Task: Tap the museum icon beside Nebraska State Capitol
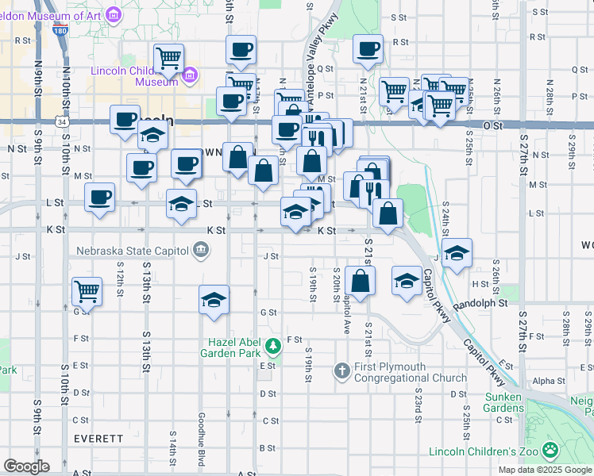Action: [x=200, y=251]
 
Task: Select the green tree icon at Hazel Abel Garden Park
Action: [x=273, y=345]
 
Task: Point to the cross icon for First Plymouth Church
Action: [x=341, y=370]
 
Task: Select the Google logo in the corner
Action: [x=26, y=466]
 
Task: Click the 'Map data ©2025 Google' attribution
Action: [x=544, y=470]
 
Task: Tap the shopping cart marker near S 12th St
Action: [x=87, y=290]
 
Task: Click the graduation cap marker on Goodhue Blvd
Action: [x=214, y=301]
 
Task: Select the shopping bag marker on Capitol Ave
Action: [x=360, y=280]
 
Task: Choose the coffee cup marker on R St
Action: [x=368, y=48]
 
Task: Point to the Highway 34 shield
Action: [x=62, y=121]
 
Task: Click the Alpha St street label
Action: [x=549, y=381]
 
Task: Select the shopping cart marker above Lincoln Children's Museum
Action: [x=168, y=58]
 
